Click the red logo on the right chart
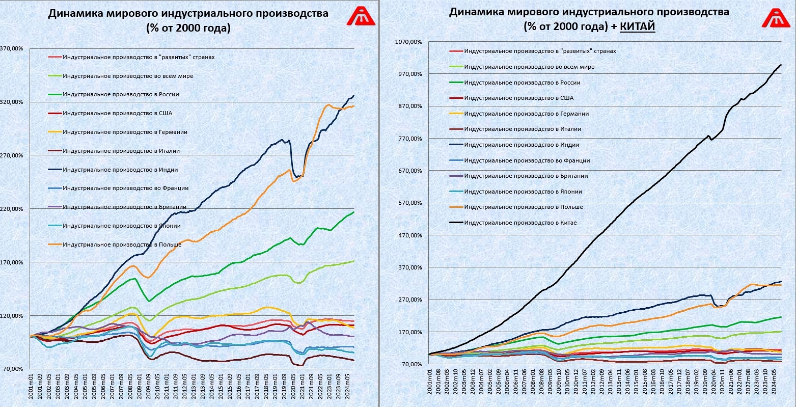pyautogui.click(x=776, y=17)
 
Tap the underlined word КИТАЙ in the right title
pyautogui.click(x=637, y=27)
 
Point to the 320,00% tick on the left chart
pyautogui.click(x=12, y=102)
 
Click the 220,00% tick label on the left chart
pyautogui.click(x=12, y=209)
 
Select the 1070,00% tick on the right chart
pyautogui.click(x=410, y=42)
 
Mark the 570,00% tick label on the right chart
pyautogui.click(x=412, y=203)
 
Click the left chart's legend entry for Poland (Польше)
pyautogui.click(x=122, y=245)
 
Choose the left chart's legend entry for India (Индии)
pyautogui.click(x=120, y=170)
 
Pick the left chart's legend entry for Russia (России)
pyautogui.click(x=121, y=94)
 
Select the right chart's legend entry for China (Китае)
pyautogui.click(x=520, y=223)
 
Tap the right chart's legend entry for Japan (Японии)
pyautogui.click(x=523, y=192)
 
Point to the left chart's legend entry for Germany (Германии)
pyautogui.click(x=125, y=132)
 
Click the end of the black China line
pyautogui.click(x=781, y=65)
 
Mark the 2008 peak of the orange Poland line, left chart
pyautogui.click(x=133, y=266)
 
